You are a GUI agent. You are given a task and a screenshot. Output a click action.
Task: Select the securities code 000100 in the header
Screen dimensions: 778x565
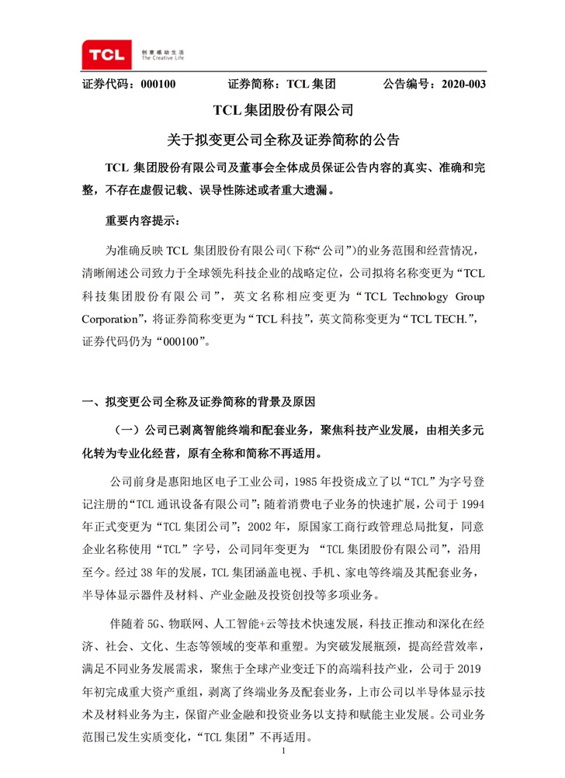point(158,85)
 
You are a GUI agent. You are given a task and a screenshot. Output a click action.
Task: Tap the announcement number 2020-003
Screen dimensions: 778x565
point(463,85)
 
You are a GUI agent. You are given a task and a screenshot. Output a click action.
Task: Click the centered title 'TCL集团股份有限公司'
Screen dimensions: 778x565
point(282,112)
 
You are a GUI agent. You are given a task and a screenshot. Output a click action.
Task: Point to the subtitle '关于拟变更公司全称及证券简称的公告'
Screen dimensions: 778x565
point(282,140)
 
